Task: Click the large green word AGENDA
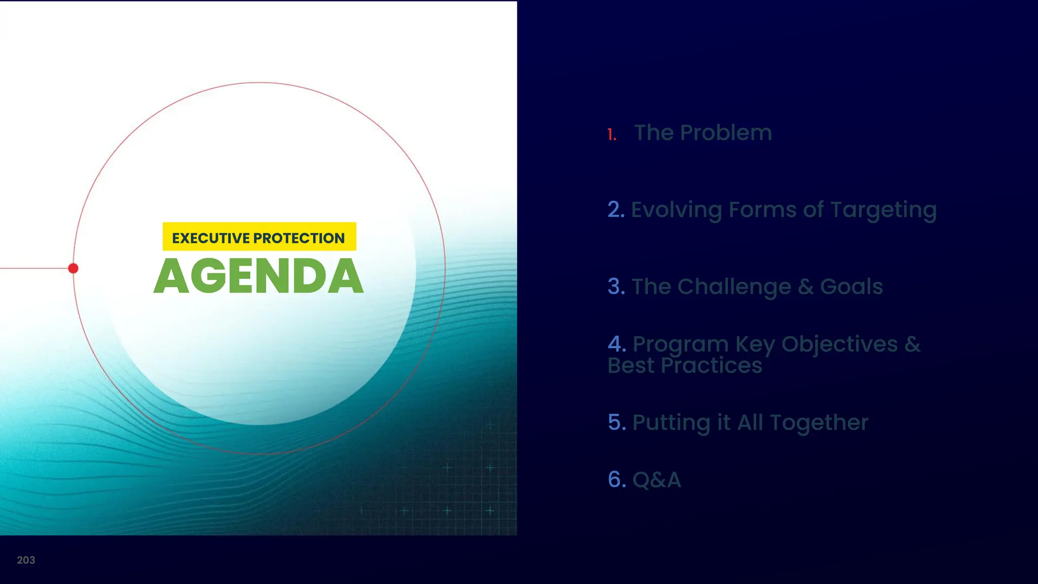tap(258, 276)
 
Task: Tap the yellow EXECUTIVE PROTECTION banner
tap(259, 237)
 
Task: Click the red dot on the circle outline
tap(73, 268)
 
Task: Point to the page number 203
tap(26, 560)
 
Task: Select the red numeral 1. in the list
tap(612, 135)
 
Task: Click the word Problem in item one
tap(726, 133)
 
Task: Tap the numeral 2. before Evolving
tap(616, 210)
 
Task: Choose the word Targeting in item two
tap(883, 210)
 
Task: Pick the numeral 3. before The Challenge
tap(616, 287)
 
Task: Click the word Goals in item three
tap(851, 287)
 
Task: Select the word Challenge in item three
tap(734, 287)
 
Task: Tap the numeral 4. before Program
tap(617, 344)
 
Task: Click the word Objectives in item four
tap(839, 345)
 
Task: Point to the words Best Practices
tap(685, 366)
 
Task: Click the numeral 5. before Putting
tap(617, 422)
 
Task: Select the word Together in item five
tap(819, 423)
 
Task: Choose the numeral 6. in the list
tap(617, 480)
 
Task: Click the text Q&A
tap(657, 480)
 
